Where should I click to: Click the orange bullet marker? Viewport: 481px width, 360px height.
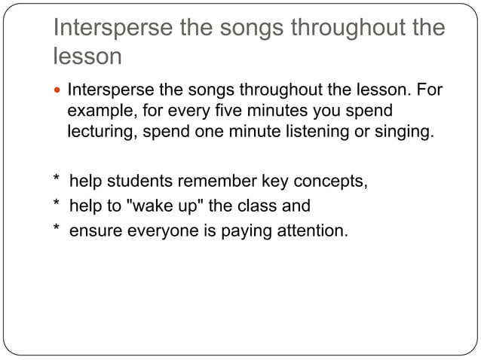(x=58, y=91)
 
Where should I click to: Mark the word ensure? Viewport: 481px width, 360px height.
(x=92, y=229)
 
